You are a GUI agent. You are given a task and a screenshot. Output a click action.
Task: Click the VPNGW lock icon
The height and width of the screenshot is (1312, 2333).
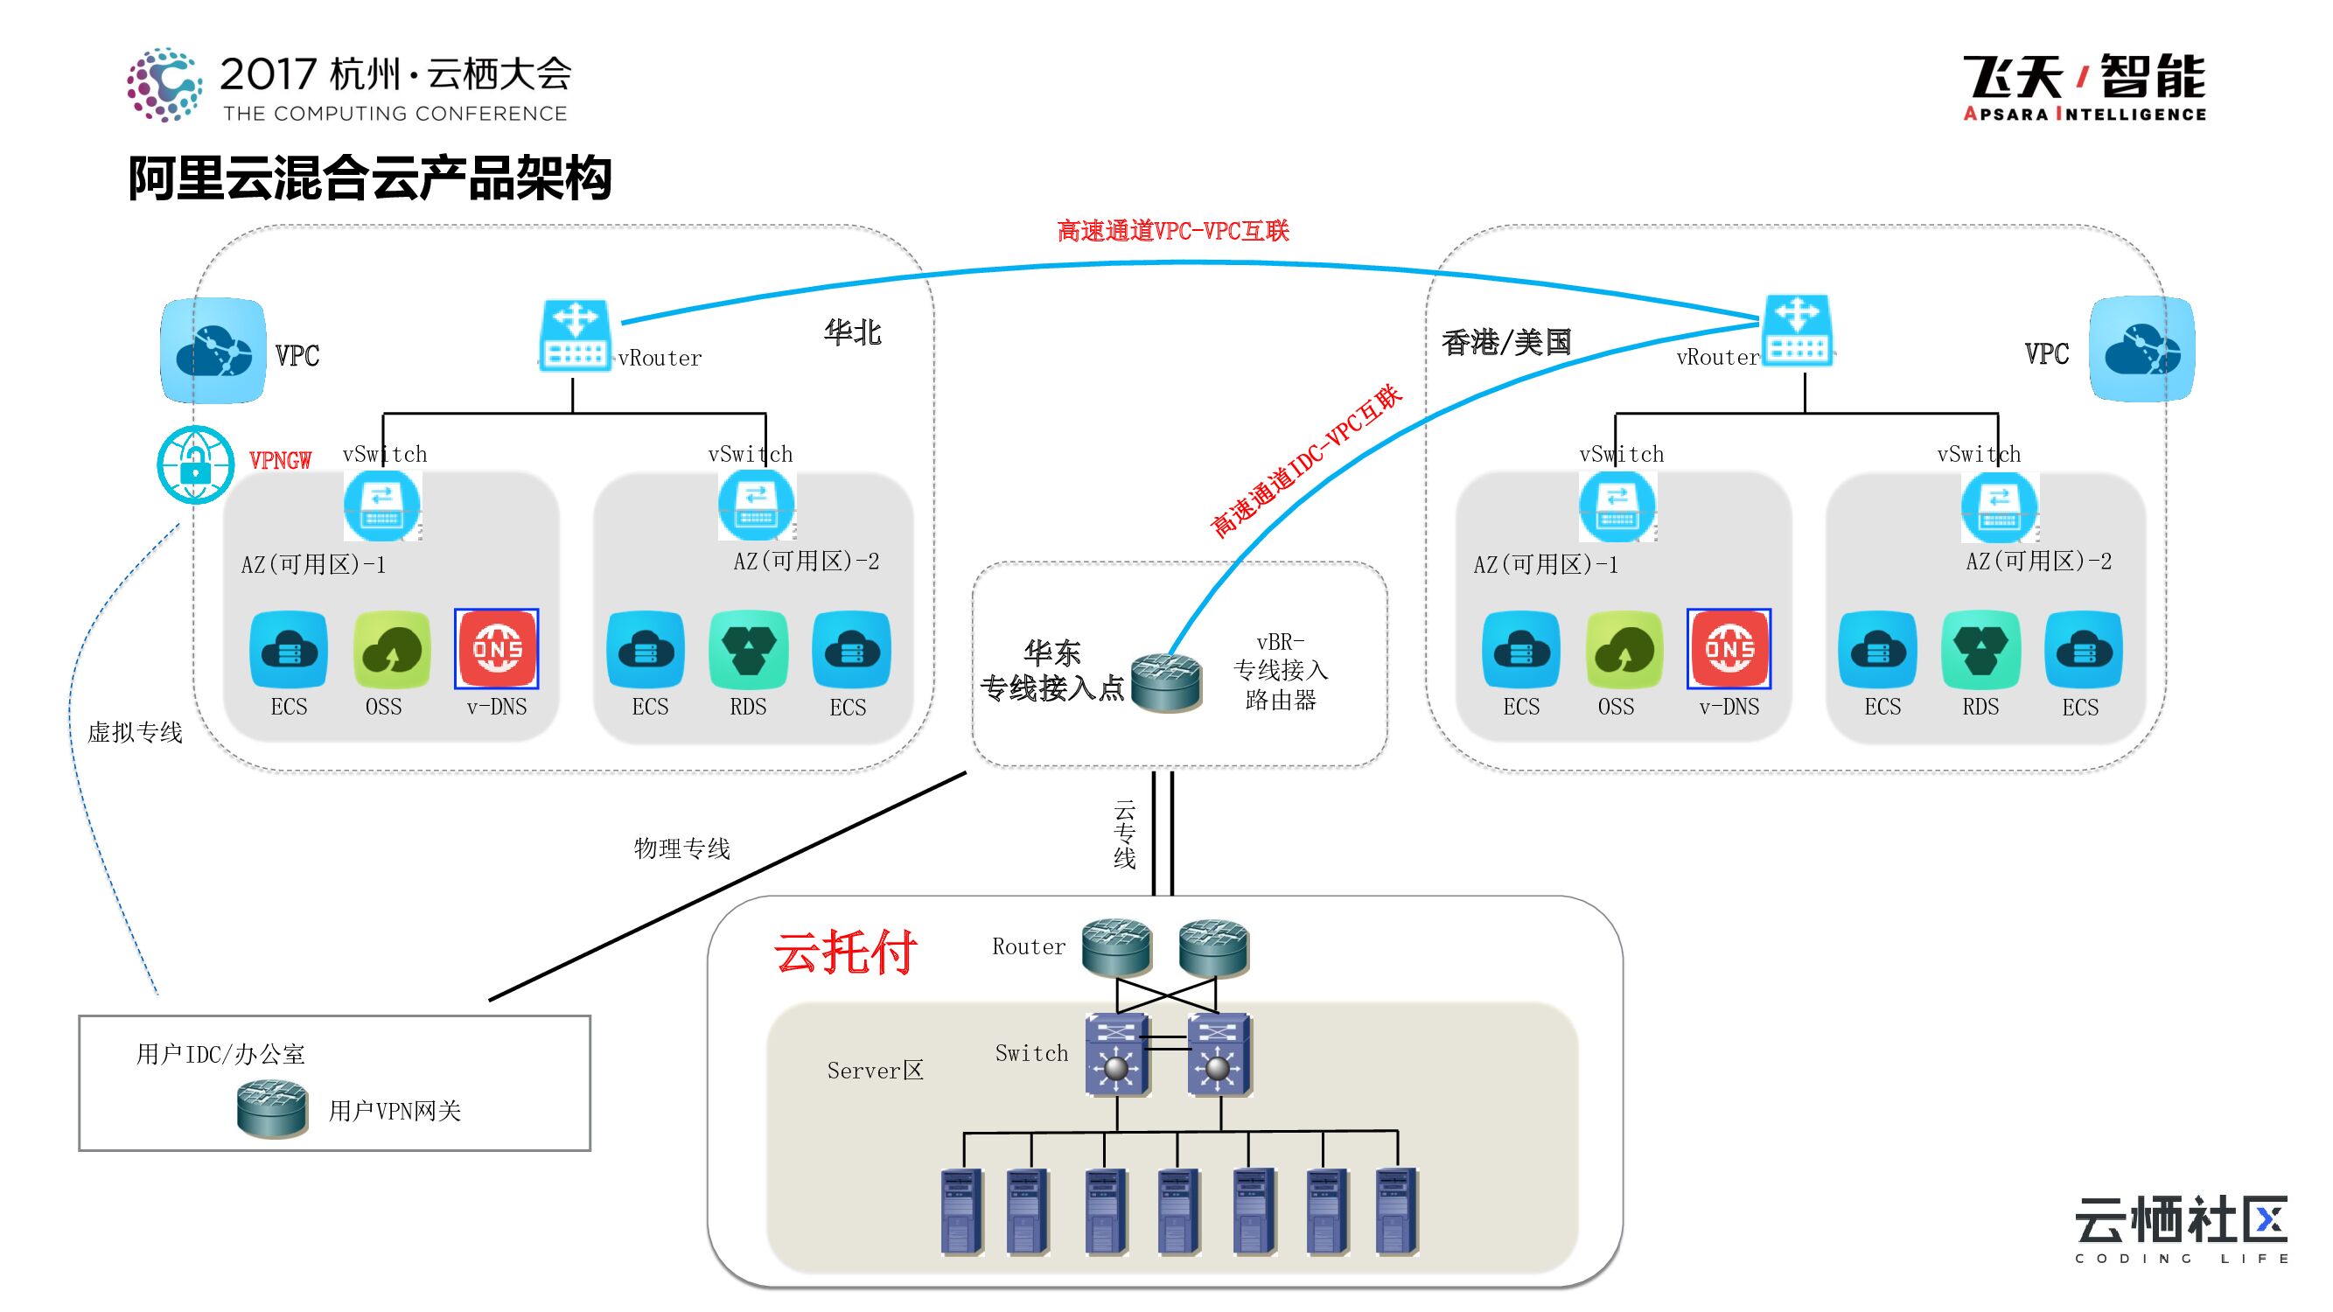[x=195, y=464]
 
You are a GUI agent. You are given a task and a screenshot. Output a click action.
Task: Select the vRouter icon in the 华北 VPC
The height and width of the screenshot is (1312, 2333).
[x=575, y=335]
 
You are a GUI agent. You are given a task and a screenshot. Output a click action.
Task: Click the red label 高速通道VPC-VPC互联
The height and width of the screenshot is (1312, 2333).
[x=1173, y=232]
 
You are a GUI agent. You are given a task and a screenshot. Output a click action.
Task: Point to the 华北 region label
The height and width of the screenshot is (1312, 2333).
[x=851, y=332]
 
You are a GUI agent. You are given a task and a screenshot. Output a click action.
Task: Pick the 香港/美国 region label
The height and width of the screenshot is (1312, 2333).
[x=1506, y=342]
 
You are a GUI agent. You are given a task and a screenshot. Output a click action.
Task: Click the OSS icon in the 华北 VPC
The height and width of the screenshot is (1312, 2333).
[x=391, y=649]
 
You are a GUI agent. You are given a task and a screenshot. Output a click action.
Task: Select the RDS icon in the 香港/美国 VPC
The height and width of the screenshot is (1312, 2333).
[x=1980, y=649]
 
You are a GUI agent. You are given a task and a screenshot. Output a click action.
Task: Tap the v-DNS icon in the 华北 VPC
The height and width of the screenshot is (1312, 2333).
[x=496, y=649]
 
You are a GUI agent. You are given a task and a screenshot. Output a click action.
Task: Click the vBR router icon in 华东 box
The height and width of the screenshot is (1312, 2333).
[x=1165, y=683]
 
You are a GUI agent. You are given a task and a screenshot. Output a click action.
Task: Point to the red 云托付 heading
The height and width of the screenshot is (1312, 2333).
[x=845, y=952]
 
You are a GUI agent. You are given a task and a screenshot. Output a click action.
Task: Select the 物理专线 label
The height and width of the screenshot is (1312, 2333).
[x=682, y=848]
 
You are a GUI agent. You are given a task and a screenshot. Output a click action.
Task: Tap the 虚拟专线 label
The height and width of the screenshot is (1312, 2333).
[x=135, y=732]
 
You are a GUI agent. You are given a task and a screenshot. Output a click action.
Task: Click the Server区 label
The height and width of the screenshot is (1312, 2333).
[x=875, y=1071]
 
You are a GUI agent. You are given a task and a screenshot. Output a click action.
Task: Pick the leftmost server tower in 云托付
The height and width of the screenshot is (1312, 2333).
[x=960, y=1211]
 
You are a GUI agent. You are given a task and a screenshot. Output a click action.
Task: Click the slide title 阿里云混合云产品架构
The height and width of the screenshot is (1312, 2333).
[x=369, y=178]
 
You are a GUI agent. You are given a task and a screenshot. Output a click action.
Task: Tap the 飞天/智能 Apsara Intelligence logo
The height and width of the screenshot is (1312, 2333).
[x=2083, y=87]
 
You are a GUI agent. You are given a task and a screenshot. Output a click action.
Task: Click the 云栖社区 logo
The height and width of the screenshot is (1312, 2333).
[x=2181, y=1229]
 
